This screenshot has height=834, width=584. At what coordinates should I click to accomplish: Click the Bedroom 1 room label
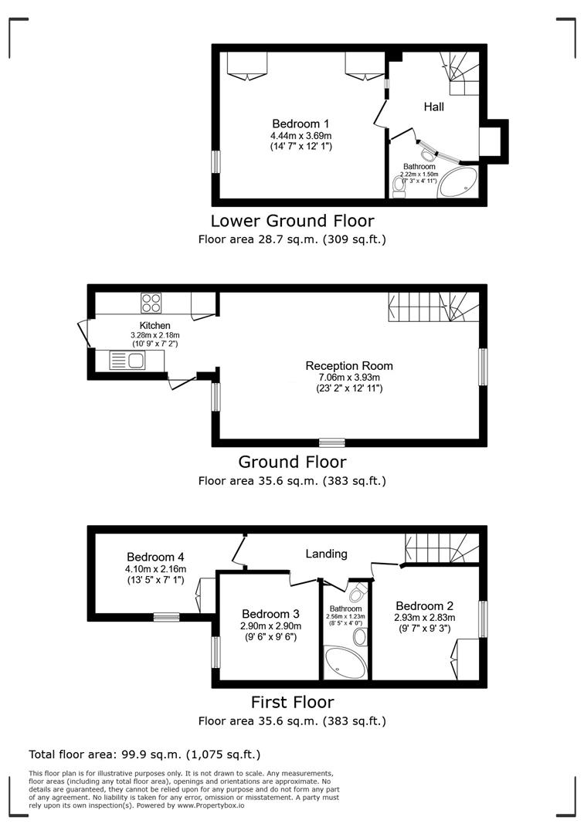300,124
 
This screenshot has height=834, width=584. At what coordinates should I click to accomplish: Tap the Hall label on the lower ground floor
433,107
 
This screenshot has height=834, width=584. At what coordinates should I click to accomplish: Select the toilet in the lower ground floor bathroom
399,186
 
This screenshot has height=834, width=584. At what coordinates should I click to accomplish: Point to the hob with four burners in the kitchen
151,302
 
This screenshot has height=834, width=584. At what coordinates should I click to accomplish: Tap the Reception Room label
348,366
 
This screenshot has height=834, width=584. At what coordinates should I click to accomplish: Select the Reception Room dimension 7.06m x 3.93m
348,378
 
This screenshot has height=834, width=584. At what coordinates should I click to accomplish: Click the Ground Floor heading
292,462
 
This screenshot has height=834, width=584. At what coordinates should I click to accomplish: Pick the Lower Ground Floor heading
292,221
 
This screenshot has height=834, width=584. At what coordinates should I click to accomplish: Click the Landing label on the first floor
326,554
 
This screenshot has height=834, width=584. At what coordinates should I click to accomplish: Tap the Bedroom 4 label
155,557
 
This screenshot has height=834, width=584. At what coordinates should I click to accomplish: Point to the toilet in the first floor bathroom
356,593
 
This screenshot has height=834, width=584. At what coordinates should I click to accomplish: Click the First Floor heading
292,702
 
